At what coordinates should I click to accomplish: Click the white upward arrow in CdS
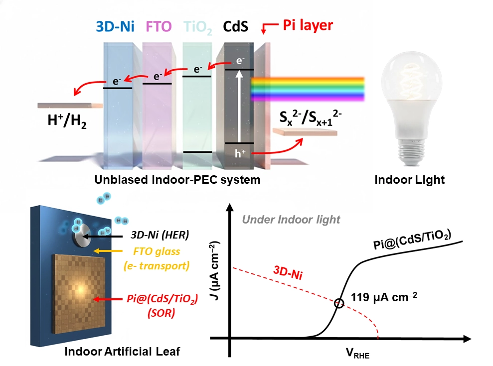(240, 105)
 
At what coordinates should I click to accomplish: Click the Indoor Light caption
(410, 180)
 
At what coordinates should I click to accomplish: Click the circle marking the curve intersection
(339, 303)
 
